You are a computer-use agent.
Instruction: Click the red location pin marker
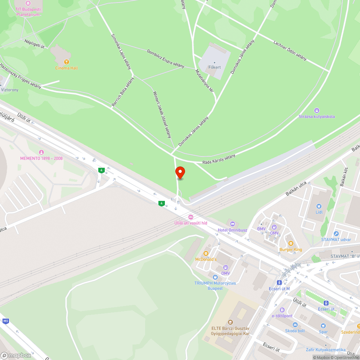(x=180, y=173)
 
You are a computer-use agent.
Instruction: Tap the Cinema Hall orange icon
(x=66, y=62)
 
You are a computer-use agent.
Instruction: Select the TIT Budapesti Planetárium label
(x=28, y=12)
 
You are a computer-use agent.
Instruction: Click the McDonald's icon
(x=206, y=253)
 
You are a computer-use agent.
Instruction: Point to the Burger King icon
(x=291, y=243)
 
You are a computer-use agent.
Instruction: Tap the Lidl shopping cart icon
(x=318, y=206)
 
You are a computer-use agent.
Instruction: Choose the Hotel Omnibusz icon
(x=232, y=224)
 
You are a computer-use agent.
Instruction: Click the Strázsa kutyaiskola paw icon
(x=317, y=111)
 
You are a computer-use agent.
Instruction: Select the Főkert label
(x=215, y=67)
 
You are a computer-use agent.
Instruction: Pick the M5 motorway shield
(x=5, y=321)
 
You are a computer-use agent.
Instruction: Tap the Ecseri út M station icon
(x=279, y=283)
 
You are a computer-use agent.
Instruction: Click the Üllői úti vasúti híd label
(x=191, y=223)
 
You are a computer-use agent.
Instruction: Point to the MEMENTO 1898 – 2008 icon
(x=41, y=153)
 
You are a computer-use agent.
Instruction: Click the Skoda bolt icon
(x=295, y=325)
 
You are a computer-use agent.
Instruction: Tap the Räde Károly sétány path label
(x=219, y=159)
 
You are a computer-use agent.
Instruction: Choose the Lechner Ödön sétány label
(x=290, y=50)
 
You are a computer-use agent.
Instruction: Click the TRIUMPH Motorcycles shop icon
(x=215, y=277)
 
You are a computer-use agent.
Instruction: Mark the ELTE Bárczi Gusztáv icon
(x=230, y=322)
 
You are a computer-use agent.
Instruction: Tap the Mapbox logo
(x=16, y=355)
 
